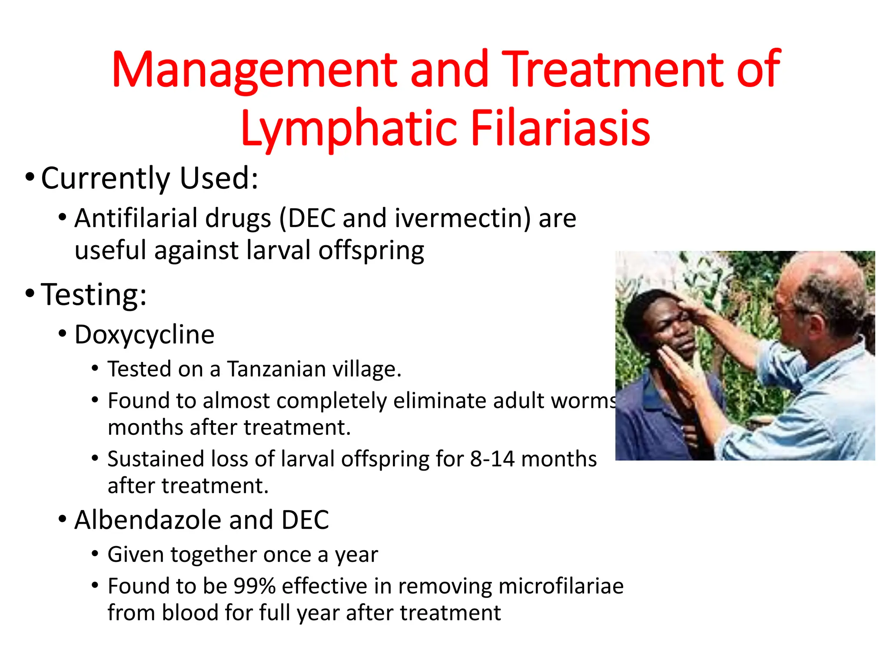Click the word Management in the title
point(254,70)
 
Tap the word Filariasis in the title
point(560,128)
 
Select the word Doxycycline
point(144,335)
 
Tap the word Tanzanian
point(276,369)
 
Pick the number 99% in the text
point(255,586)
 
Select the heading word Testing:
point(94,295)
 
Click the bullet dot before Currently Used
point(29,177)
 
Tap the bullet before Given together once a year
point(95,554)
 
